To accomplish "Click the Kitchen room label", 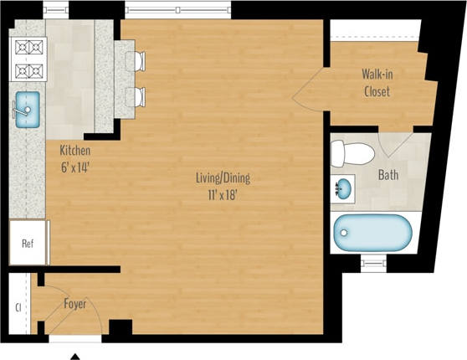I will click(x=74, y=151).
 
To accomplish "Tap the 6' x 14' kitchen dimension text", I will click(x=74, y=166).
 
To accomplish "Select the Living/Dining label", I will click(x=222, y=177).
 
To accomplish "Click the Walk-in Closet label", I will click(x=377, y=83).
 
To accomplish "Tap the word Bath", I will click(x=387, y=176).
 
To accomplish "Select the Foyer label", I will click(x=75, y=304).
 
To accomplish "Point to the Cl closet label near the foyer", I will click(x=17, y=306).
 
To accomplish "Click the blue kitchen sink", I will click(x=26, y=108).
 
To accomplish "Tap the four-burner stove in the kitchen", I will click(x=28, y=59).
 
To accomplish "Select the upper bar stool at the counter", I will click(x=137, y=61).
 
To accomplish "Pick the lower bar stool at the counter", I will click(x=137, y=95).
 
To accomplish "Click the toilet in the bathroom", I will click(x=351, y=153).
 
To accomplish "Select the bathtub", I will click(x=372, y=234).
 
